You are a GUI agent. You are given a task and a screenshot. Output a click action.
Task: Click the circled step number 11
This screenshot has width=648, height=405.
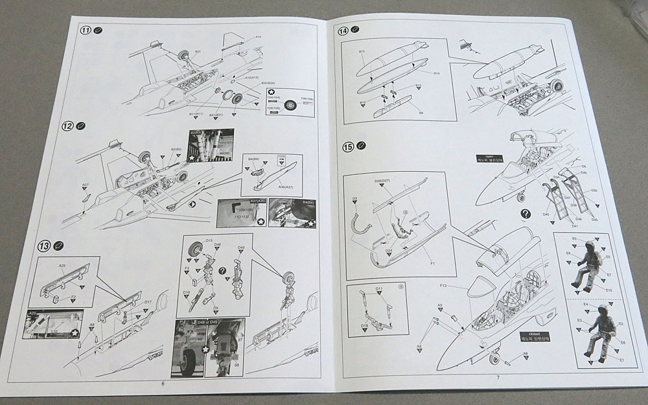pos(85,30)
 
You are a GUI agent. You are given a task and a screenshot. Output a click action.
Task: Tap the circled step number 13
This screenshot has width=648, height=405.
pos(43,246)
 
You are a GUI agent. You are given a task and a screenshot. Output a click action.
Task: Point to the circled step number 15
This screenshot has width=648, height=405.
pos(349,146)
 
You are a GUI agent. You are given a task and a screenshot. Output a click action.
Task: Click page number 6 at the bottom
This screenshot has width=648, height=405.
pos(163,384)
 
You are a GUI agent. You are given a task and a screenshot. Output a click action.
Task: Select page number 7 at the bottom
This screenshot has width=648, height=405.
pos(497,377)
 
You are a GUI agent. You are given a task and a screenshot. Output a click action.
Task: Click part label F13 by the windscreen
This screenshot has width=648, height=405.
pos(444,286)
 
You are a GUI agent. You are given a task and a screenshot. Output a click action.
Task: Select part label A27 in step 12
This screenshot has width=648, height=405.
pos(85,185)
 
